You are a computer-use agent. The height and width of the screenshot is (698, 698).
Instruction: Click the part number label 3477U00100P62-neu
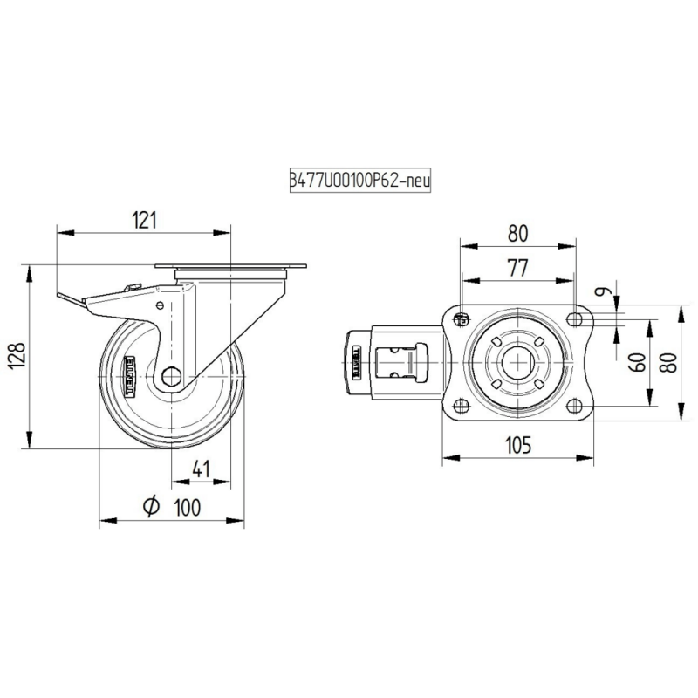point(359,179)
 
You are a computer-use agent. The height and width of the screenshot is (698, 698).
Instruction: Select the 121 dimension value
point(144,220)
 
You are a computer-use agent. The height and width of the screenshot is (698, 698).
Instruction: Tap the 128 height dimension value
point(19,356)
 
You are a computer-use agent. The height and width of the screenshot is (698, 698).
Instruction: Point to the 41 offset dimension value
point(202,469)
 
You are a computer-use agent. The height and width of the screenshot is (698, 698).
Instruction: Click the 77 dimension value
point(517,269)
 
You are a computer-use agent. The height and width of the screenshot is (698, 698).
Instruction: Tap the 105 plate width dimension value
point(517,445)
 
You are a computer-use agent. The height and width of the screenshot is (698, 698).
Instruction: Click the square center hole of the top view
point(517,362)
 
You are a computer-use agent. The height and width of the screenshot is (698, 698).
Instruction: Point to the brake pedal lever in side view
point(74,301)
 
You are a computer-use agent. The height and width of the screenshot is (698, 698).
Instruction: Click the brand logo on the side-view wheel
point(134,377)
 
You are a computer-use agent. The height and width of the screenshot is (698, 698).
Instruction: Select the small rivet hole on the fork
point(160,305)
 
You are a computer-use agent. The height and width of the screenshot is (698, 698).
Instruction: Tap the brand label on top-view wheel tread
point(356,362)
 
